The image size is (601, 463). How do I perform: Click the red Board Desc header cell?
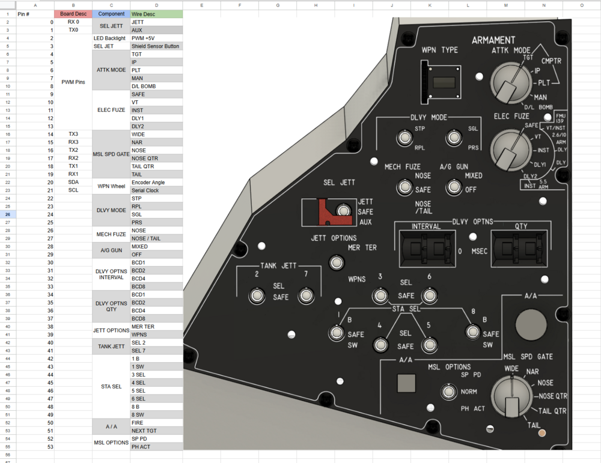tap(73, 14)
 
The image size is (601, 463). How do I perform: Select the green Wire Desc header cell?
tap(156, 14)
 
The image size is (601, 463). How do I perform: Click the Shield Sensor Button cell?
tap(156, 46)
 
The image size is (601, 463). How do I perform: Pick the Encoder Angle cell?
tap(156, 183)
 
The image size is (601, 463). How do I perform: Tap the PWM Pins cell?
tap(73, 82)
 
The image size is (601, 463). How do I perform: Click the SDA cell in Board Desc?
tap(73, 183)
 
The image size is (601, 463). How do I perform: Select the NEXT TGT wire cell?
tap(156, 431)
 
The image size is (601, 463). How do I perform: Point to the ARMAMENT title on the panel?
tap(493, 40)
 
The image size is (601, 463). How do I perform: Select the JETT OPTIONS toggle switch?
tap(337, 262)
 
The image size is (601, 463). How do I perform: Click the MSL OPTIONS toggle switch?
tap(448, 392)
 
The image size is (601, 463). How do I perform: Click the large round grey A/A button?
tap(531, 325)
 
